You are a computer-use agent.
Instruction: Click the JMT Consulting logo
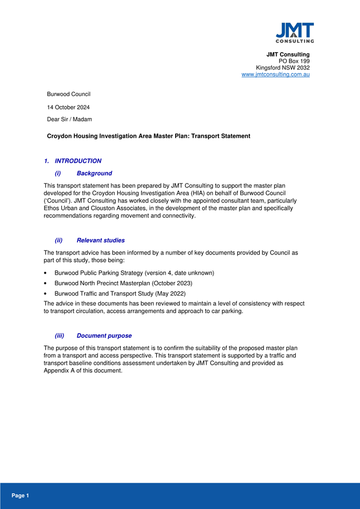tap(294, 32)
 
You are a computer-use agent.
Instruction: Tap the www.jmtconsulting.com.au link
tap(275, 75)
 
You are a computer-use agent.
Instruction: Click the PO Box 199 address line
tap(294, 61)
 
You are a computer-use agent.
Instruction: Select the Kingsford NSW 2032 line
tap(283, 68)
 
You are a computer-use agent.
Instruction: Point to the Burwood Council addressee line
tap(69, 94)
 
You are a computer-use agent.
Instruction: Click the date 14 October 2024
tap(69, 107)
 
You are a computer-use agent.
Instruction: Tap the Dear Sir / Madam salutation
tap(70, 119)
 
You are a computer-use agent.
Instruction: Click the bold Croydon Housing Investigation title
tap(148, 135)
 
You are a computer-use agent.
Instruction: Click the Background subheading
tap(94, 173)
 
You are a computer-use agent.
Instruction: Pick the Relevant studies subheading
tap(100, 240)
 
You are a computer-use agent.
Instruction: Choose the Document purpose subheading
tap(104, 335)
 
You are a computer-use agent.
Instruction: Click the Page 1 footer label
tap(20, 495)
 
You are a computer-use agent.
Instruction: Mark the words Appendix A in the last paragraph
tap(60, 370)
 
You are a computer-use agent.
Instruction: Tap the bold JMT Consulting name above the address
tap(288, 54)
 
